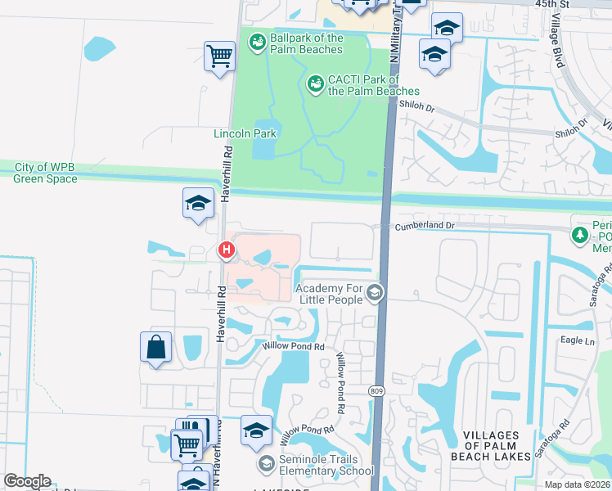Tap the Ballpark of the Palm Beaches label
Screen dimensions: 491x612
click(306, 43)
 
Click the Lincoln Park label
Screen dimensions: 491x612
click(245, 133)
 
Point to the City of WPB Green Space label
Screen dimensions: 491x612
click(46, 173)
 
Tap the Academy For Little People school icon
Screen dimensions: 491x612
click(375, 292)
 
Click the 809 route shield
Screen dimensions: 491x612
click(376, 391)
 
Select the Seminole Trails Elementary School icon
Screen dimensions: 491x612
click(266, 464)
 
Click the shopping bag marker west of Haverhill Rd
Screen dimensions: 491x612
click(155, 347)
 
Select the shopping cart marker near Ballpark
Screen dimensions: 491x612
click(219, 57)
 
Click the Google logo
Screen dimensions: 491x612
click(27, 481)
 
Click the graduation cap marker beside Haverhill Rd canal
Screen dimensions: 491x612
click(198, 203)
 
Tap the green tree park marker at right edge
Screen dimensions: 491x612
click(580, 236)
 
